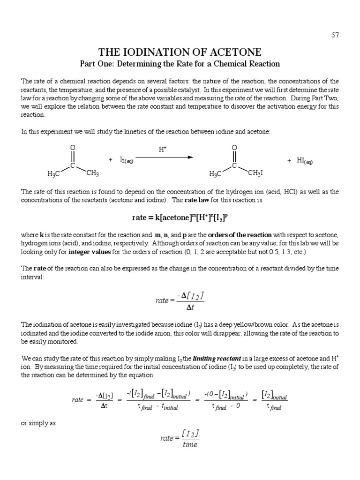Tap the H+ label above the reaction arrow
pyautogui.click(x=162, y=150)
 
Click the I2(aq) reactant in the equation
pyautogui.click(x=126, y=161)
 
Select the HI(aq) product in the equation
pyautogui.click(x=304, y=161)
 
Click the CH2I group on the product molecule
pyautogui.click(x=255, y=173)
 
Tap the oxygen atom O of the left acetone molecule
pyautogui.click(x=73, y=148)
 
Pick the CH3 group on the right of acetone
pyautogui.click(x=92, y=173)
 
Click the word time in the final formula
pyautogui.click(x=190, y=444)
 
